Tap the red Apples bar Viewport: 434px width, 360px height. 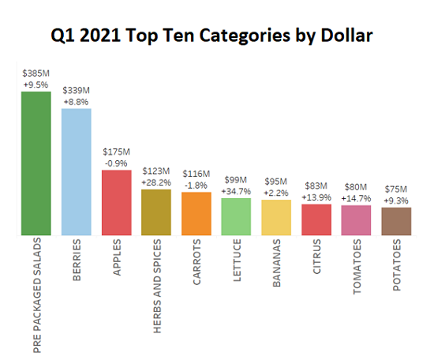(x=117, y=202)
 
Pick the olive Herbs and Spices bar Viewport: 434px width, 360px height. (x=156, y=212)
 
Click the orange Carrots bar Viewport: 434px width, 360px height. (x=196, y=214)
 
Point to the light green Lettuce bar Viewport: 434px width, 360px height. (x=236, y=217)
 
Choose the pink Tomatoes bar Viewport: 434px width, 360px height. (x=356, y=220)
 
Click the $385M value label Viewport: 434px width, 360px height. (x=36, y=73)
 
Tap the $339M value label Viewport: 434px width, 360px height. (x=77, y=89)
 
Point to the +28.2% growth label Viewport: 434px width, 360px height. (x=156, y=181)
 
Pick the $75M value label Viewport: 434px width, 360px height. (x=396, y=189)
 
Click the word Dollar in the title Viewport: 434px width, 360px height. (x=341, y=36)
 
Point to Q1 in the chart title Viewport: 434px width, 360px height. (x=64, y=36)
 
